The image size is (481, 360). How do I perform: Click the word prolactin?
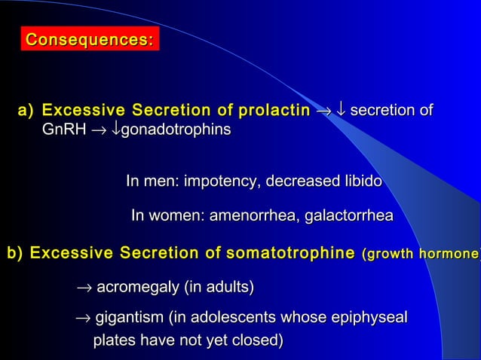[274, 111]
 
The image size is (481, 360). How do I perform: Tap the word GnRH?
[65, 130]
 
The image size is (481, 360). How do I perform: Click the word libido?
[360, 182]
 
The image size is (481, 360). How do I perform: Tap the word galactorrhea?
[350, 217]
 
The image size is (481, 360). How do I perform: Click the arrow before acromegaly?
[84, 288]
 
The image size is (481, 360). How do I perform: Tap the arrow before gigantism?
[83, 319]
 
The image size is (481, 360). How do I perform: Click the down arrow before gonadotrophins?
[115, 130]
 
